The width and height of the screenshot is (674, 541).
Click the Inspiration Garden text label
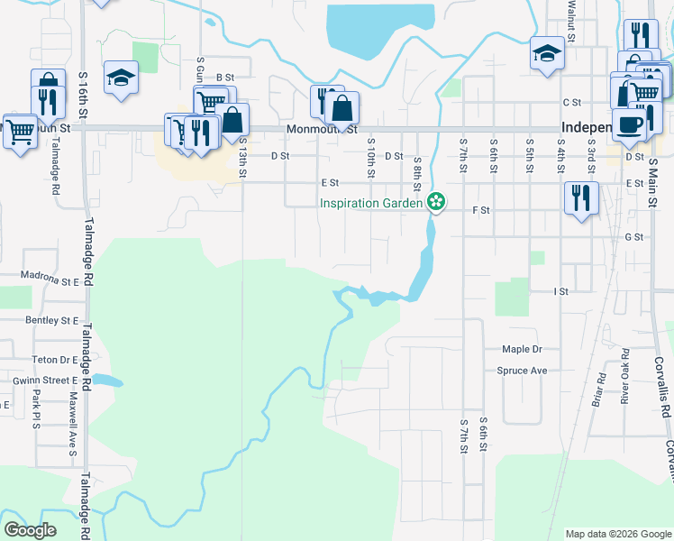371,203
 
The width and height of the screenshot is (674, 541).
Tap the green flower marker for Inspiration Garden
436,201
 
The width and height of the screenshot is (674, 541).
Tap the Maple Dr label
522,349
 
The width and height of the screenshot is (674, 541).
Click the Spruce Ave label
522,371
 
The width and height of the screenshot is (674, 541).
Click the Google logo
31,529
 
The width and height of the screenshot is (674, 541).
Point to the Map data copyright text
617,534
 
